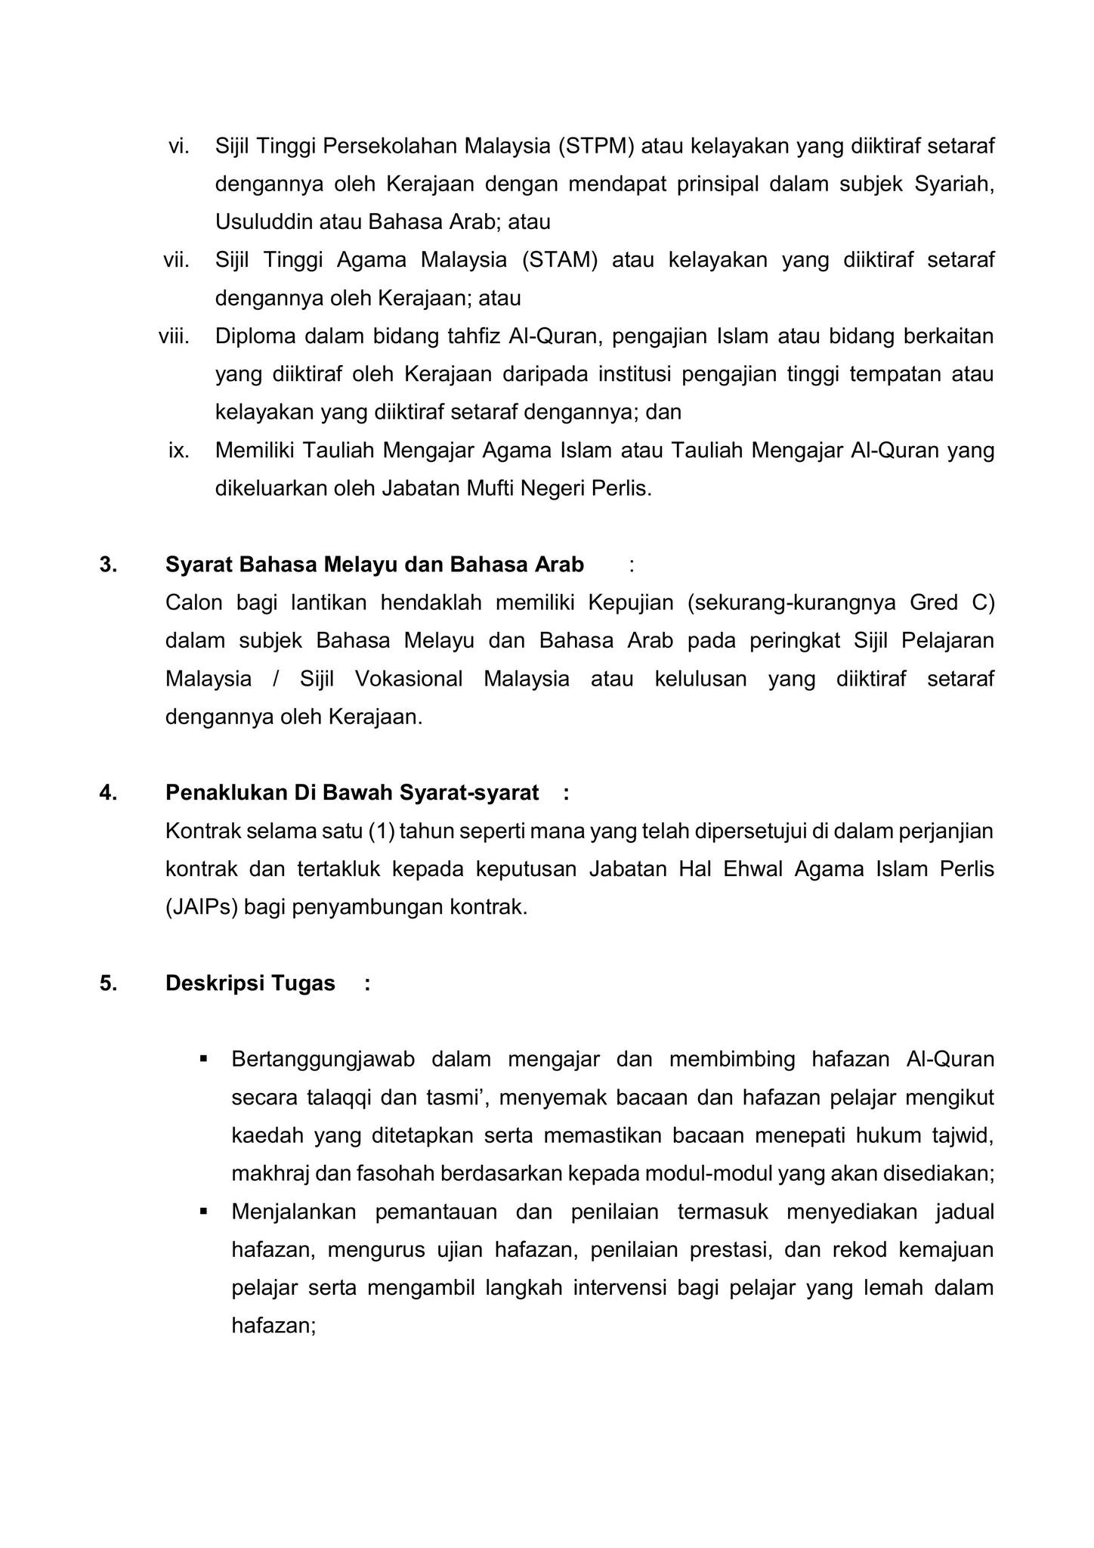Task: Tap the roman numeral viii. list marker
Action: (174, 336)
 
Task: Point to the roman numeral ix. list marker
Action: (178, 450)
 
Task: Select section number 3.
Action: (107, 565)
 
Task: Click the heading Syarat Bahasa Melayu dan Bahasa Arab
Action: (374, 565)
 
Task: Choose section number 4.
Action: (107, 793)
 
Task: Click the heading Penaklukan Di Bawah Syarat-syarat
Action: (352, 793)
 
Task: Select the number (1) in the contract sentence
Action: (382, 831)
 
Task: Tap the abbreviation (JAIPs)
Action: (201, 907)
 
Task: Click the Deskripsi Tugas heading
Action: (250, 983)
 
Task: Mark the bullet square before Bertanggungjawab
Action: (203, 1059)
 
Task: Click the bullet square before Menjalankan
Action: (203, 1211)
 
